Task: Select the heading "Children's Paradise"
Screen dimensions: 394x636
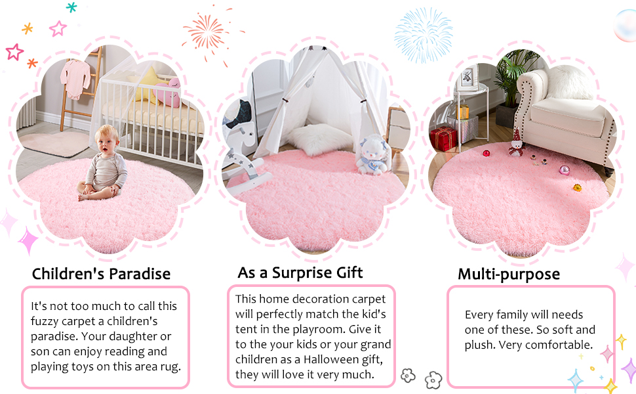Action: pos(101,274)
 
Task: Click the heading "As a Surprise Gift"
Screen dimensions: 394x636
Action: pos(300,272)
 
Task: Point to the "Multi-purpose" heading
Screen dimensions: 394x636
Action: pos(509,274)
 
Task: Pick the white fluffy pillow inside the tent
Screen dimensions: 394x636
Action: pos(313,139)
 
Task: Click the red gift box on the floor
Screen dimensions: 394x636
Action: pos(443,139)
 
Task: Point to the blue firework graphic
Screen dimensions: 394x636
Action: pos(424,34)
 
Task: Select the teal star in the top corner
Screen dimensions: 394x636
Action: pos(71,7)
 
